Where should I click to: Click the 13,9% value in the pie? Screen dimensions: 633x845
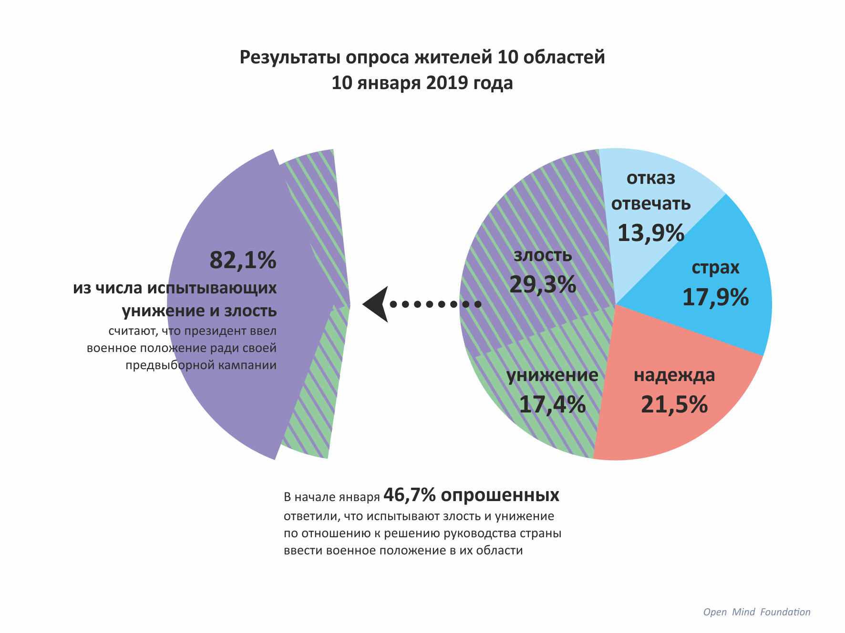pyautogui.click(x=651, y=233)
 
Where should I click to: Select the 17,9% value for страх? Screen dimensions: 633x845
pyautogui.click(x=715, y=297)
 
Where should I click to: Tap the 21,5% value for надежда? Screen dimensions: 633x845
pyautogui.click(x=674, y=404)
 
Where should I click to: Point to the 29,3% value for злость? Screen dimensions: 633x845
pyautogui.click(x=543, y=285)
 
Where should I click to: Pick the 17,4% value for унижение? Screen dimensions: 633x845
pyautogui.click(x=552, y=404)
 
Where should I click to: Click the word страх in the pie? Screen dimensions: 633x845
pyautogui.click(x=715, y=268)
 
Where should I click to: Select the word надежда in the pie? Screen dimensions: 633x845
pyautogui.click(x=674, y=375)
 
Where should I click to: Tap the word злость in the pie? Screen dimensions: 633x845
pyautogui.click(x=543, y=256)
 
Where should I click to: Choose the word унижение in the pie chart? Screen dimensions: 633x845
pyautogui.click(x=552, y=375)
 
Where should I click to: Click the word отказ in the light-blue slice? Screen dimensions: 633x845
pyautogui.click(x=651, y=178)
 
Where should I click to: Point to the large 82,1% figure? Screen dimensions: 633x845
pyautogui.click(x=243, y=260)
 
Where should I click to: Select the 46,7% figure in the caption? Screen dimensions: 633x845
pyautogui.click(x=409, y=495)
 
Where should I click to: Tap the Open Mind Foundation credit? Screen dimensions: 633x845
pyautogui.click(x=757, y=612)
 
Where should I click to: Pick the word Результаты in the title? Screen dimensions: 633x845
pyautogui.click(x=290, y=57)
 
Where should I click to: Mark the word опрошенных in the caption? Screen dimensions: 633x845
pyautogui.click(x=500, y=495)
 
